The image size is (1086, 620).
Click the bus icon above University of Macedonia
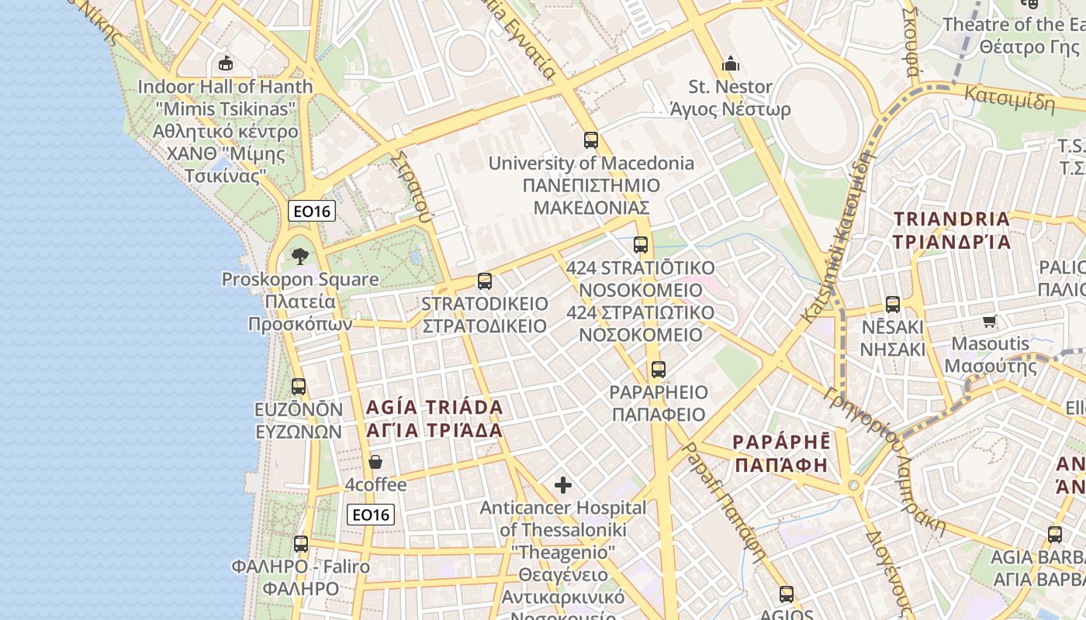point(591,140)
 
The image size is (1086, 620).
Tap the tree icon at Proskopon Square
point(300,256)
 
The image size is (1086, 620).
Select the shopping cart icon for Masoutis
point(989,321)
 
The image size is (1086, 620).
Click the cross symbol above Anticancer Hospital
point(563,486)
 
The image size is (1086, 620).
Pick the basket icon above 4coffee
point(375,462)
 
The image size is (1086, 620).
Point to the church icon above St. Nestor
point(730,64)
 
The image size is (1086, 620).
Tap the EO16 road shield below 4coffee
point(371,515)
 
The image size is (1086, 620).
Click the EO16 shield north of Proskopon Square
point(312,211)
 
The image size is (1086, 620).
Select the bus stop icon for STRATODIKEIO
point(485,281)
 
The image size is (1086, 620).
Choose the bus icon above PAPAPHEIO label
point(659,369)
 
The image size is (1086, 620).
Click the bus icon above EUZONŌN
point(299,386)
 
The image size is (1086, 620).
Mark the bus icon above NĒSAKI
point(893,304)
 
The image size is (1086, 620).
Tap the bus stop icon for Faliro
point(301,544)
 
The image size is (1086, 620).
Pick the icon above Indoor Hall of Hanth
point(226,63)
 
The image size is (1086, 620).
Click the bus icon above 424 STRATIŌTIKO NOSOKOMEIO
point(641,245)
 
